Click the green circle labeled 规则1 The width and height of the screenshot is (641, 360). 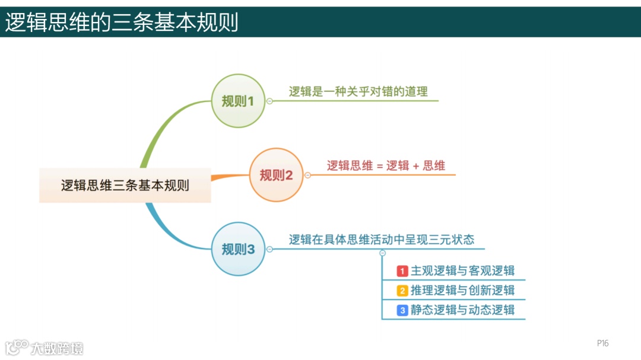point(238,101)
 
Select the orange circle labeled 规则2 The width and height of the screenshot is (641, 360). point(276,175)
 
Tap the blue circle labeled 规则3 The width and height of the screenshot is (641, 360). point(238,249)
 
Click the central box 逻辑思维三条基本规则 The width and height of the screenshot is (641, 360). point(125,185)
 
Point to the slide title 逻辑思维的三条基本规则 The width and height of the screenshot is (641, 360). point(122,23)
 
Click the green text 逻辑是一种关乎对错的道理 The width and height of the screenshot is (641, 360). point(358,91)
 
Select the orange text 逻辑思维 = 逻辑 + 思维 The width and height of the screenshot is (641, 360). point(386,165)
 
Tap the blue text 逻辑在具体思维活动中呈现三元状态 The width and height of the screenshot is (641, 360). point(382,240)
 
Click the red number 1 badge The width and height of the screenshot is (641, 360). point(402,271)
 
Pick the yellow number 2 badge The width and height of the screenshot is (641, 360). point(402,291)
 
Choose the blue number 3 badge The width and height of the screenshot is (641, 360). point(402,310)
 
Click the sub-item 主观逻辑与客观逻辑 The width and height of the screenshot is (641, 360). point(462,271)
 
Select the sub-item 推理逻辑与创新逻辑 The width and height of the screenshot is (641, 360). point(462,291)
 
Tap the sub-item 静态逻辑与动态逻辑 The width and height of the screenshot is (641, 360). point(462,310)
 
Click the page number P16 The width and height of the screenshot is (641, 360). point(602,343)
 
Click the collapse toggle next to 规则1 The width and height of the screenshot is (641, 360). point(269,101)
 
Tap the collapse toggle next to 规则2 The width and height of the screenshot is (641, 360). point(307,175)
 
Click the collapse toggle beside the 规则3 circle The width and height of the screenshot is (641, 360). point(269,249)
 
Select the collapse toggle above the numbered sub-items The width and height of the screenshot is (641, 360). point(382,253)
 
